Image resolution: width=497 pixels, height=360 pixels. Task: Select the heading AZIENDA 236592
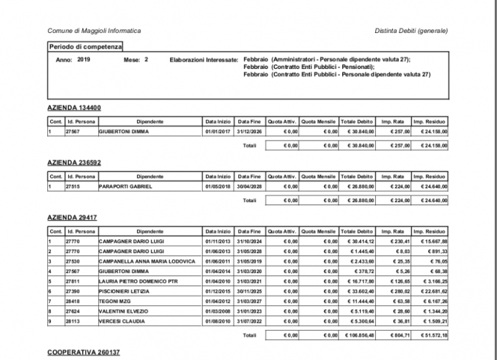click(x=74, y=162)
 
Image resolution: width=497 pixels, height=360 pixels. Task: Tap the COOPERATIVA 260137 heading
click(x=83, y=353)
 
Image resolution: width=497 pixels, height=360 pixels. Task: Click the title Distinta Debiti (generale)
click(x=411, y=30)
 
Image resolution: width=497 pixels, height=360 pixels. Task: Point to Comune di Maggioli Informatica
click(x=94, y=30)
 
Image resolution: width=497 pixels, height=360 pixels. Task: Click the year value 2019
click(x=84, y=60)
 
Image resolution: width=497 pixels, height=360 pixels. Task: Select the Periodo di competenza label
click(x=86, y=47)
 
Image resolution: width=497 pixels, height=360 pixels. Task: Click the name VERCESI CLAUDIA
click(x=122, y=321)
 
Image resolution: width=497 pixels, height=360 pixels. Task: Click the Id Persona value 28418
click(x=73, y=301)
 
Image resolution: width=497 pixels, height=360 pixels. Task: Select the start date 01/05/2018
click(x=217, y=186)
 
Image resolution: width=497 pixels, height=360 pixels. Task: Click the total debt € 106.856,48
click(x=358, y=335)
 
